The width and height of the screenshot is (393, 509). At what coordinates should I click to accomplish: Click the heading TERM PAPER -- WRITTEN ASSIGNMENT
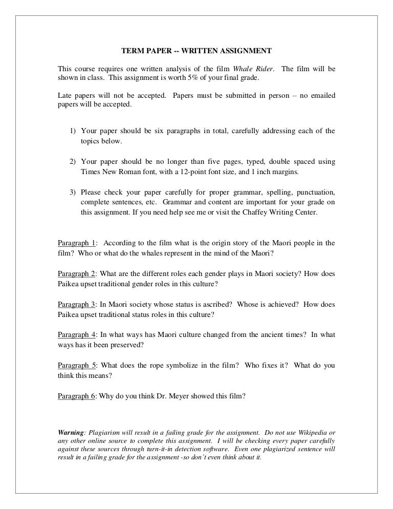click(196, 51)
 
